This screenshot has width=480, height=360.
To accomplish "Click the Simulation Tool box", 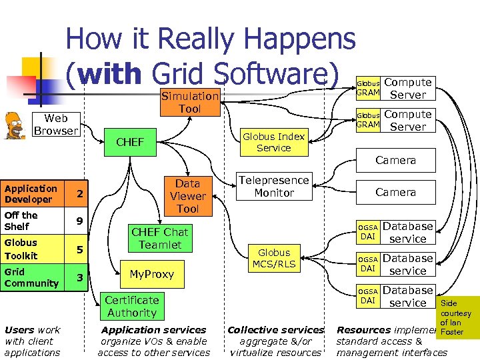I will click(189, 102).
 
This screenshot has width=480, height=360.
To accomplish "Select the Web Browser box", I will click(55, 125).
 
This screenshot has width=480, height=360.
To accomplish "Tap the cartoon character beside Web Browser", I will click(14, 124).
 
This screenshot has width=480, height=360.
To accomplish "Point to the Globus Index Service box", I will click(273, 142).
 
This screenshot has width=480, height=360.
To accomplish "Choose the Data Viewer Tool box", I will click(187, 196).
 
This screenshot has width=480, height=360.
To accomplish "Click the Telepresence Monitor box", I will click(273, 187).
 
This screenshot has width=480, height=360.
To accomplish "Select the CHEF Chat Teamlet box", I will click(159, 238).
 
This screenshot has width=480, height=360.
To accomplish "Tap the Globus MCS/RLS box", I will click(274, 259).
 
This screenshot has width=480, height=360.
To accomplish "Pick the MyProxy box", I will click(151, 274).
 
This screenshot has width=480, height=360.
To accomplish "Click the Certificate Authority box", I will click(131, 307).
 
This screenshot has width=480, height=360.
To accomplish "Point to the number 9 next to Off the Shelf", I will click(79, 221).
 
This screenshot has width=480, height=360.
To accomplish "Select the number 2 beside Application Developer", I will click(79, 194).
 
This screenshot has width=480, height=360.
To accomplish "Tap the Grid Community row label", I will click(31, 277).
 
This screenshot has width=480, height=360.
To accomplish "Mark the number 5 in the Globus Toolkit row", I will click(79, 250).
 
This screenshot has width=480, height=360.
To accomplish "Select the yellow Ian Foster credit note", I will click(457, 318).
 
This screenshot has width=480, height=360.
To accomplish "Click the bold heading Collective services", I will click(276, 330).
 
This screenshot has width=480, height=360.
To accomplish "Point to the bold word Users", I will click(19, 330).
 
